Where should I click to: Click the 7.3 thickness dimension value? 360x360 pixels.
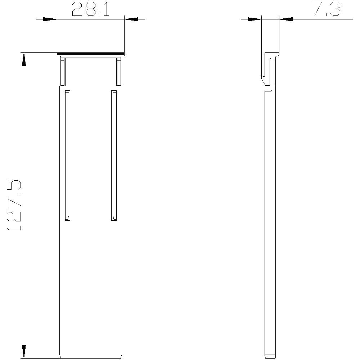point(327,10)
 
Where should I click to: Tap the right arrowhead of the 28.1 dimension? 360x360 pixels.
point(131,19)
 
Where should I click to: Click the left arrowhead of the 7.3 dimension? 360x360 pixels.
point(254,19)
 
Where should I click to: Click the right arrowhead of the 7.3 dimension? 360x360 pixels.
point(286,19)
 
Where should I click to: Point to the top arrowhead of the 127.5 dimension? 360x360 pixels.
point(24,59)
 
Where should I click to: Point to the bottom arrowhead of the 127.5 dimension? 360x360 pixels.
point(24,351)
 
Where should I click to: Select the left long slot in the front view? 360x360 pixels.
point(67,155)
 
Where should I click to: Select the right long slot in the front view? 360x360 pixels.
point(114,155)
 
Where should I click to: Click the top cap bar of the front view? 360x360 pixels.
point(90,55)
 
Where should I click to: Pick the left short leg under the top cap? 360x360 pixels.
point(63,72)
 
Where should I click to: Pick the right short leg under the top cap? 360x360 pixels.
point(119,72)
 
